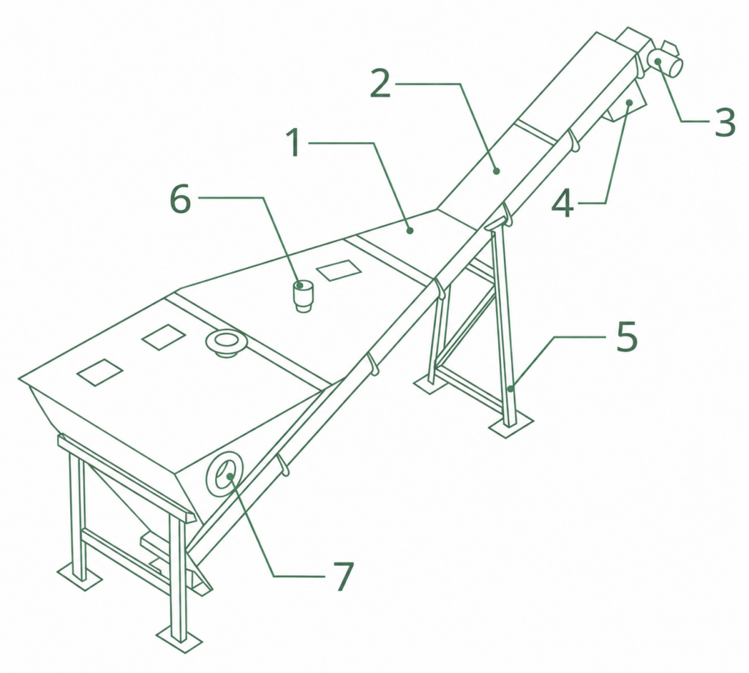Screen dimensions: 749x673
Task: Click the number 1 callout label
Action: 295,143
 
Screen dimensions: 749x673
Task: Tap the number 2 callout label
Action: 381,83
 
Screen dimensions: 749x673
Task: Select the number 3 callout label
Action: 725,122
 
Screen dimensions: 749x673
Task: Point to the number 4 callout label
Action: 562,204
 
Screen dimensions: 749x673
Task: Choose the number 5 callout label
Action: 627,336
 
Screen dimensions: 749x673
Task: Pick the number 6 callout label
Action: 181,198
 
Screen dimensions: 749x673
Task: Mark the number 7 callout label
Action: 342,576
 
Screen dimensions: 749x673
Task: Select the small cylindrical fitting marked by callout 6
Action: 302,296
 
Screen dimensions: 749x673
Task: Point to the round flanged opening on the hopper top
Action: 225,342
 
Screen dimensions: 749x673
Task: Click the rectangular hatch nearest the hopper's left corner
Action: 100,372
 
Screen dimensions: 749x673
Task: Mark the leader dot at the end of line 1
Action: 410,230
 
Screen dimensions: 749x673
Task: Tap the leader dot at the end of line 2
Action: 497,170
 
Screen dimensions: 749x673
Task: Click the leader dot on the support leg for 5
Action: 511,388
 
